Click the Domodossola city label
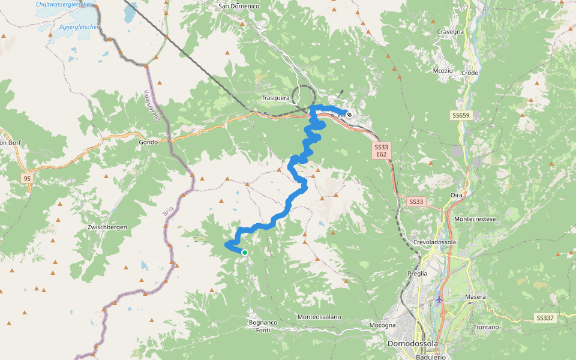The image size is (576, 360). coord(412,344)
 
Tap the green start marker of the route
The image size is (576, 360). coord(245,253)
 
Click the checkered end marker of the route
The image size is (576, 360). coord(349,115)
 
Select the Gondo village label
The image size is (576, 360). coord(148,142)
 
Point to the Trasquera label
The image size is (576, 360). coord(276,97)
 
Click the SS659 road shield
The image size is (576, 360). coord(460,115)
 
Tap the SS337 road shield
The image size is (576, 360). coord(545,317)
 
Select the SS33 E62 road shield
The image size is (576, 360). coord(382,151)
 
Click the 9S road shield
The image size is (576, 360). coord(26,178)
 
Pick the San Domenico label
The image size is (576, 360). coord(239,6)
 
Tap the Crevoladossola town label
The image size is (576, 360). coord(435,242)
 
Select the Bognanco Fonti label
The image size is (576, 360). coord(263,326)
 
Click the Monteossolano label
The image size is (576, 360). coord(319,317)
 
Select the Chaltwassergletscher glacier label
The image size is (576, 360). coord(64,4)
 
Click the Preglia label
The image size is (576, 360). coord(418,273)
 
